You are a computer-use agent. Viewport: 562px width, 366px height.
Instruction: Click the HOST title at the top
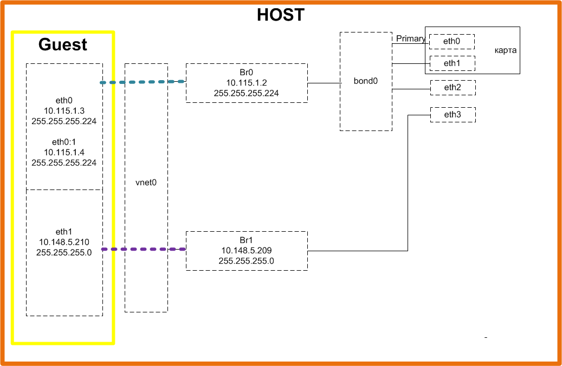coord(280,15)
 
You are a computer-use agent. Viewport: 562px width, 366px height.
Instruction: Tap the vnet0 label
coord(146,182)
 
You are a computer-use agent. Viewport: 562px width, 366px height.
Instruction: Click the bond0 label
coord(366,81)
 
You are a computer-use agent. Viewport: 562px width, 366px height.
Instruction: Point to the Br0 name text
coord(247,71)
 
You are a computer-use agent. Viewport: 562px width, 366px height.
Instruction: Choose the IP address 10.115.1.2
coord(247,82)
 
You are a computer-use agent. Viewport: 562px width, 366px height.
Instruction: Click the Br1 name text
coord(247,239)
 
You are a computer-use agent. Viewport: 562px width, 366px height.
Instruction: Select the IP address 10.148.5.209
coord(247,250)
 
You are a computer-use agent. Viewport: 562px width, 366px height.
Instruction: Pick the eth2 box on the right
coord(453,88)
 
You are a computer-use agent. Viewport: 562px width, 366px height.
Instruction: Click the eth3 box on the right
coord(453,114)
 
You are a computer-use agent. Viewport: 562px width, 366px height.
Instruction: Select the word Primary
coord(410,38)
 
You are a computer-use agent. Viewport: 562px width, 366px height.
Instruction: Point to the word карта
coord(506,50)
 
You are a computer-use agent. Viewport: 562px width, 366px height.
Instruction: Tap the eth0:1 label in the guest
coord(64,142)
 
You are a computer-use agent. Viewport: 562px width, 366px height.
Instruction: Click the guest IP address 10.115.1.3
coord(64,110)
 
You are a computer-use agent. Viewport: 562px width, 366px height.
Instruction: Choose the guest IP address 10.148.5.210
coord(64,241)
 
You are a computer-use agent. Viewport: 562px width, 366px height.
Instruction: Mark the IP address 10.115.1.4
coord(64,152)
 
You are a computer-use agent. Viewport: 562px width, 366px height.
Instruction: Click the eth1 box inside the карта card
coord(452,63)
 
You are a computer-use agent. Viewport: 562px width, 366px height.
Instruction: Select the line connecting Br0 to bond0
coord(324,83)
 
